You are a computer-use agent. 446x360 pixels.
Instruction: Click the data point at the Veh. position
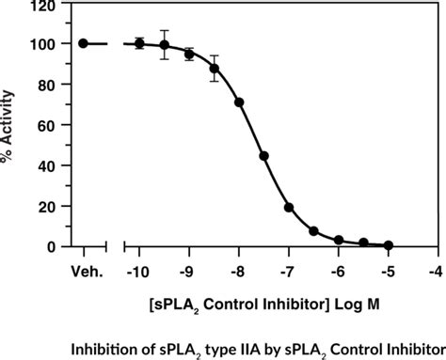83,43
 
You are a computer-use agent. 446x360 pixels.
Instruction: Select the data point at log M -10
139,43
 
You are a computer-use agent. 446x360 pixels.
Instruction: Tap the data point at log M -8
239,102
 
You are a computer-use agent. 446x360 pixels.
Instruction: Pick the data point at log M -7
289,208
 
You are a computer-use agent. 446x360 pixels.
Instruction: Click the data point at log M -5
389,245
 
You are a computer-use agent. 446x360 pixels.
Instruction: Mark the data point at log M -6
339,241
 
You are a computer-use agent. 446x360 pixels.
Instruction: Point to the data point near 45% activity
264,156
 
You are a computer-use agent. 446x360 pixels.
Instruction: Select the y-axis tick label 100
40,44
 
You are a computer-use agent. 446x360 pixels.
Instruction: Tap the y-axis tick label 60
44,125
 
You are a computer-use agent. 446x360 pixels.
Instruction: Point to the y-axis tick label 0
49,246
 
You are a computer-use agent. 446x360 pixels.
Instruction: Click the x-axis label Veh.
83,273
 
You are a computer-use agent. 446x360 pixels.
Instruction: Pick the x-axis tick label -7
287,273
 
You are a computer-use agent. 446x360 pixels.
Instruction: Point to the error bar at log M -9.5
165,44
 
